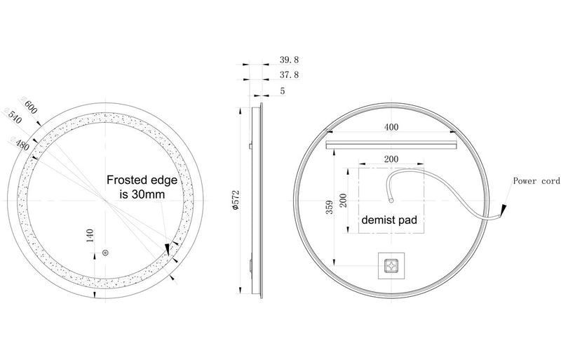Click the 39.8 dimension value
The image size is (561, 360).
pyautogui.click(x=290, y=61)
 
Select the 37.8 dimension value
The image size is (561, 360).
pyautogui.click(x=290, y=75)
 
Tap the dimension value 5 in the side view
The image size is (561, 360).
pyautogui.click(x=282, y=91)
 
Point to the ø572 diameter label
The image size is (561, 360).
pyautogui.click(x=236, y=199)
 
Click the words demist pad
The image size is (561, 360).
pyautogui.click(x=389, y=220)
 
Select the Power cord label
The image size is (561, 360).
pyautogui.click(x=535, y=181)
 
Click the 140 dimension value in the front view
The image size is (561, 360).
pyautogui.click(x=90, y=235)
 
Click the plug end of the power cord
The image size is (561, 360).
pyautogui.click(x=503, y=212)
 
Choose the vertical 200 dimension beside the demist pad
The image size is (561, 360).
pyautogui.click(x=344, y=200)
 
